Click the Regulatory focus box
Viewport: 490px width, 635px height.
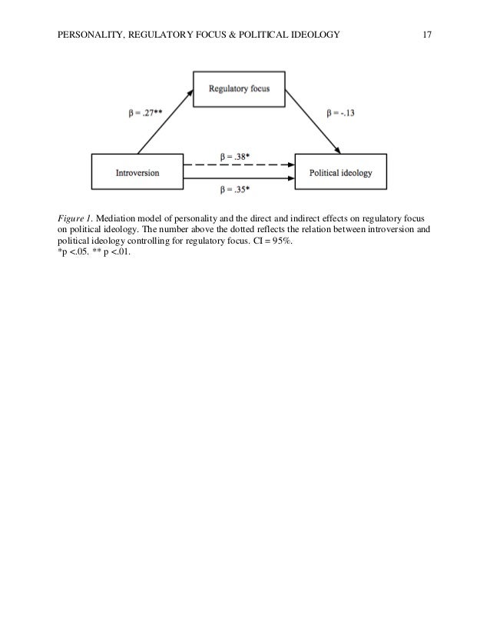(239, 88)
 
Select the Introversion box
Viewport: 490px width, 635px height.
(137, 173)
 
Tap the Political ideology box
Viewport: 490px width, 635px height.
(340, 173)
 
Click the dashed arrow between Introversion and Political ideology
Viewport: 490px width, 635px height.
(239, 165)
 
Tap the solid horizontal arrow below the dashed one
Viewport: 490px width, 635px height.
(239, 181)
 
